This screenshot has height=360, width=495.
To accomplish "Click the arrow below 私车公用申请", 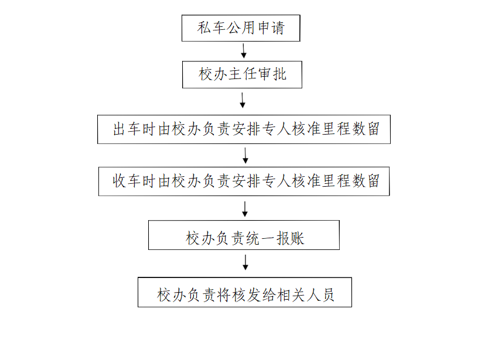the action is pos(244,51).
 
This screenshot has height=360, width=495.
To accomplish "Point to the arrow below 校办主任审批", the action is pos(243,100).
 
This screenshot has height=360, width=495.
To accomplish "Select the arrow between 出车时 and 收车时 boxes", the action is pos(245,156).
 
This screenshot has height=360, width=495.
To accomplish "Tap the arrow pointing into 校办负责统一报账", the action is pos(245,209).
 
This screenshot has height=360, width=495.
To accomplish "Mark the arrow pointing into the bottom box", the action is pos(245,262).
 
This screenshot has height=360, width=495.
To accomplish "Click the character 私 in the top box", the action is pos(204,28).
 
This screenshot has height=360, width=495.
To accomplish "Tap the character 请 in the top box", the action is pos(278,28).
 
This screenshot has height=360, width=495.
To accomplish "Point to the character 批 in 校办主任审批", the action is pos(279,74).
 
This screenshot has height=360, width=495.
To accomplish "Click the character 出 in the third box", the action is pos(120,129).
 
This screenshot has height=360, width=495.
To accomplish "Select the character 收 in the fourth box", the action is pos(120,181).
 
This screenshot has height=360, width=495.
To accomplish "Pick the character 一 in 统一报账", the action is pos(268,238).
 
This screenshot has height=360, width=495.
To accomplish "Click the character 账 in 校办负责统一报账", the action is pos(298,238).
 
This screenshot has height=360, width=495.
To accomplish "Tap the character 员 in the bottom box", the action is pos(327,295).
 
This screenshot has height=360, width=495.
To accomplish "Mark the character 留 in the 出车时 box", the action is pos(374,129).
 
